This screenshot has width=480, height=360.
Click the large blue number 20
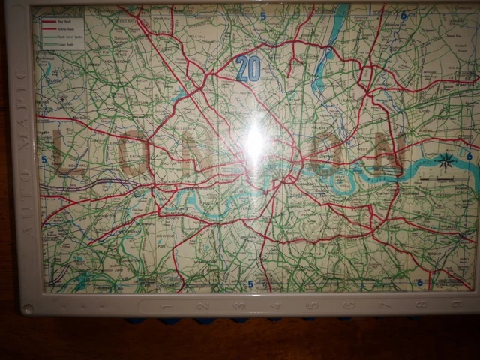pos(247,69)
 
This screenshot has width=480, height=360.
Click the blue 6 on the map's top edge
pos(403,15)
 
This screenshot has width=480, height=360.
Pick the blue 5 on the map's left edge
pos(44,160)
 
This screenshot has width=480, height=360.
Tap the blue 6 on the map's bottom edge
pos(419,283)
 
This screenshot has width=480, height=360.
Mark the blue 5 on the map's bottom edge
pos(250,283)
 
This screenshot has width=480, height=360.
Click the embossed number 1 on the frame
pos(166,306)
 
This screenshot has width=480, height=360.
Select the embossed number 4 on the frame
pos(275,305)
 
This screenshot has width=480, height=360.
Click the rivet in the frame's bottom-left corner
pos(27,308)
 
